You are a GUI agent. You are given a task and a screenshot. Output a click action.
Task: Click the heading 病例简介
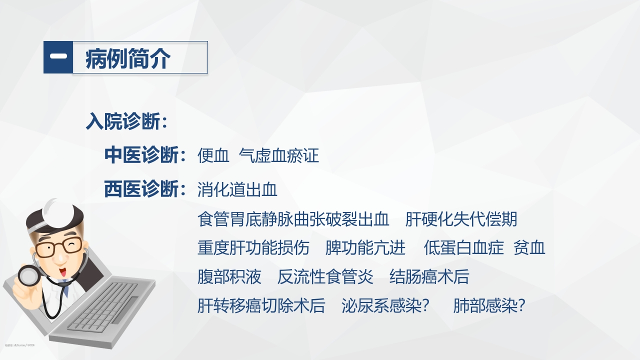[x=128, y=58]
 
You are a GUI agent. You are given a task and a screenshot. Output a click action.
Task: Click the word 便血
[x=213, y=156]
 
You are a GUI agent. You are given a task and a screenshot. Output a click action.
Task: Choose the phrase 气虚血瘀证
[x=279, y=156]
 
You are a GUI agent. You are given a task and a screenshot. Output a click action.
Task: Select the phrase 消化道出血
[x=237, y=190]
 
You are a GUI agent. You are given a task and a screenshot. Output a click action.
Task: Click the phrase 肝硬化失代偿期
[x=461, y=219]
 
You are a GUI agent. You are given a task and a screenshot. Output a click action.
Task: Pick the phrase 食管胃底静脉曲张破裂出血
[x=293, y=219]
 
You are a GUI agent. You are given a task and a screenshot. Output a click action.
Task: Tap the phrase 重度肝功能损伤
[x=253, y=248]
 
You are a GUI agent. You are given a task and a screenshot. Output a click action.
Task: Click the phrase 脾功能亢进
[x=365, y=248]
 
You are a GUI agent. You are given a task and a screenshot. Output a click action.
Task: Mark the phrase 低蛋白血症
[x=463, y=248]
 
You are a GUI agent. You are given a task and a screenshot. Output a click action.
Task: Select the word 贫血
[x=529, y=248]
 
